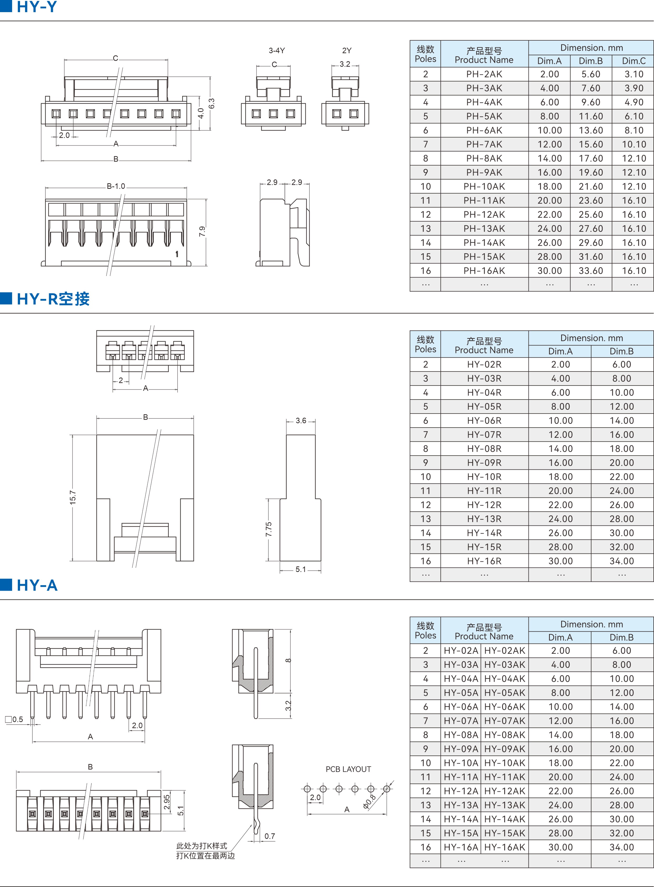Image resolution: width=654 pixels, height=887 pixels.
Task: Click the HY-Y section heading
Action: [x=37, y=7]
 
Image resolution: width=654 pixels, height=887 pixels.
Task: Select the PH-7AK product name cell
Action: [x=484, y=144]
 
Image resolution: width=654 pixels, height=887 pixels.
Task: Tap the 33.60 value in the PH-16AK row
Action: [x=591, y=271]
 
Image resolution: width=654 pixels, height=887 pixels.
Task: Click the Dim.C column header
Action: [x=633, y=61]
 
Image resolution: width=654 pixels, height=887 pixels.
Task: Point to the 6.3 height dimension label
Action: [x=211, y=104]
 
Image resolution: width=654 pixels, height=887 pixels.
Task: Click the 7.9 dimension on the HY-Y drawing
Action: [x=202, y=232]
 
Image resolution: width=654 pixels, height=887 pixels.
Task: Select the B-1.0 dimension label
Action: [x=116, y=186]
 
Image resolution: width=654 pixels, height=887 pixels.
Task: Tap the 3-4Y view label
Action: [x=277, y=51]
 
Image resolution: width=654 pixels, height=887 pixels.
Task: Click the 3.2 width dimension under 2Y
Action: [x=345, y=64]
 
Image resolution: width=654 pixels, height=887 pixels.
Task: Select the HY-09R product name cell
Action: [x=484, y=463]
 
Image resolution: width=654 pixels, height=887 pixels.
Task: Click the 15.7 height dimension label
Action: [x=73, y=498]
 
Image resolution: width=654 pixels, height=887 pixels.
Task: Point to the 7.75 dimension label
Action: [x=269, y=529]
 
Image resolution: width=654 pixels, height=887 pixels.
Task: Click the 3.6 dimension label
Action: [x=301, y=420]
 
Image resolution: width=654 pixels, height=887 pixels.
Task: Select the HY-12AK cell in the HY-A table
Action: [x=505, y=791]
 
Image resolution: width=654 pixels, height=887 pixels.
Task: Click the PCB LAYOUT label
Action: [x=348, y=769]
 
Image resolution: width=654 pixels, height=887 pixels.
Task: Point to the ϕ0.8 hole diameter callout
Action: [x=369, y=801]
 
